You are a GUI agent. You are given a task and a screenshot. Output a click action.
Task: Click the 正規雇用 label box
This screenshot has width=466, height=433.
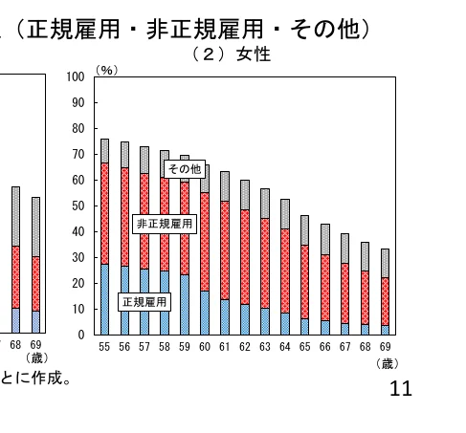144,303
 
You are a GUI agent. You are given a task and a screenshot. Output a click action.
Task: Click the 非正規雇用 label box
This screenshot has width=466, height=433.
164,224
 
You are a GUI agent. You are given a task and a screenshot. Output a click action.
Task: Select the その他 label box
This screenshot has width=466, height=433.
184,169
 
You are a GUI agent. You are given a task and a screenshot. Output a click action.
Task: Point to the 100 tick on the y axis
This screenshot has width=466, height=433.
77,77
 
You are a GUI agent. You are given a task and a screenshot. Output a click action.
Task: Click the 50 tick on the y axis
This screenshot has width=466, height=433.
79,206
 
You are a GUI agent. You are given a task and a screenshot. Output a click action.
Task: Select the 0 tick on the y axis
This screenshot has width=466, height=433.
82,336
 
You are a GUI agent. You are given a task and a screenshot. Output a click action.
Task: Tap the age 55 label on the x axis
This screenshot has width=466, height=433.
104,347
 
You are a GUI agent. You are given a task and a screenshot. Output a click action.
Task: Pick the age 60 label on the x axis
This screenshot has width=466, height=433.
204,347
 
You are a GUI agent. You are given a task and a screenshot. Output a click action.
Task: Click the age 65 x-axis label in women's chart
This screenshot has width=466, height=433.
304,347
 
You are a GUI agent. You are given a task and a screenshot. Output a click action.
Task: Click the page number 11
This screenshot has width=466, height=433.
401,390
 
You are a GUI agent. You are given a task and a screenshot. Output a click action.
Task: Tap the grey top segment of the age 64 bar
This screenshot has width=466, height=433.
284,213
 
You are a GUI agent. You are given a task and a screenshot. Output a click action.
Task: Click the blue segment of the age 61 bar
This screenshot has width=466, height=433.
224,317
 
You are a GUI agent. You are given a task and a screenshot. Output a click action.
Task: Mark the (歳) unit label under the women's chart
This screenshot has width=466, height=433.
387,363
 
